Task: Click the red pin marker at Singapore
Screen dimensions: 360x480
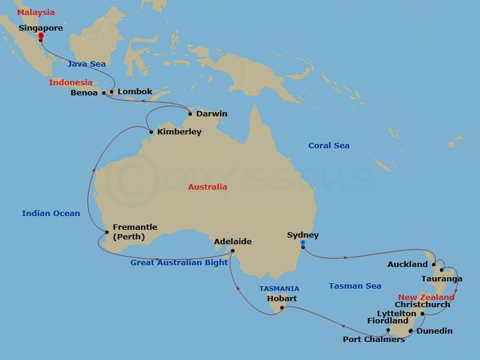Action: coord(41,37)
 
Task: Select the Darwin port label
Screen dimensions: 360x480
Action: coord(211,113)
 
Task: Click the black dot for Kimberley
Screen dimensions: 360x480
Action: coord(151,132)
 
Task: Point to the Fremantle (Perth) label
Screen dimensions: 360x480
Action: coord(134,232)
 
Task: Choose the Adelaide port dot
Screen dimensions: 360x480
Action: coord(233,251)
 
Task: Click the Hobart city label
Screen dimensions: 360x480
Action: coord(281,298)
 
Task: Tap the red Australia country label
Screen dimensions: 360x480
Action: coord(208,187)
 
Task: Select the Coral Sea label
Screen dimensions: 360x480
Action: coord(329,146)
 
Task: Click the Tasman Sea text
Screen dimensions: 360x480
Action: coord(355,286)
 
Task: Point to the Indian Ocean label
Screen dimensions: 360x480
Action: coord(51,213)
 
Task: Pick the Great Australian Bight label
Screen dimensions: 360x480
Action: coord(179,262)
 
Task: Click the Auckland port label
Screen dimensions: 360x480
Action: coord(407,264)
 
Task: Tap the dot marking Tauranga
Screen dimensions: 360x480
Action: coord(442,269)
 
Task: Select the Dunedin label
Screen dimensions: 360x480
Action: coord(434,331)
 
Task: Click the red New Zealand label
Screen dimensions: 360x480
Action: coord(427,297)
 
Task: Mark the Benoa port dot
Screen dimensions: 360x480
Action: coord(104,93)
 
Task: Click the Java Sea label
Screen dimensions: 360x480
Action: coord(86,64)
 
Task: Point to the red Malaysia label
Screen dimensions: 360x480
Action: coord(35,13)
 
